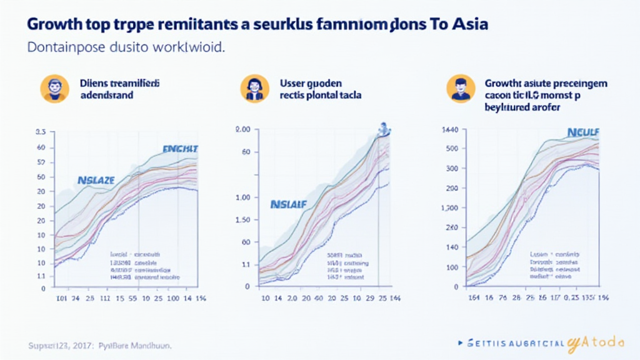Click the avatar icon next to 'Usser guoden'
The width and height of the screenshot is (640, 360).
coord(254,88)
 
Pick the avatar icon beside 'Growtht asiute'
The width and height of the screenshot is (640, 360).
coord(460,88)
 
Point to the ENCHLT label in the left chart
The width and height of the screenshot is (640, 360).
coord(180,149)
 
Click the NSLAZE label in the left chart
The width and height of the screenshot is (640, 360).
coord(96,180)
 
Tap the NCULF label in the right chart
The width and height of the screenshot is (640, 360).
coord(582,132)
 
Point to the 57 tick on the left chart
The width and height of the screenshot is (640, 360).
coord(41,162)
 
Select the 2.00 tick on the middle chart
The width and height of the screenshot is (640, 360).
coord(242,129)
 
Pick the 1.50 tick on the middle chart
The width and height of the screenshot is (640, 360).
coord(242,219)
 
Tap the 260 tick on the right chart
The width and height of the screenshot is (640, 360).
coord(451,229)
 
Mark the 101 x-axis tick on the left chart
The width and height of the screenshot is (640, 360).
coord(61,299)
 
